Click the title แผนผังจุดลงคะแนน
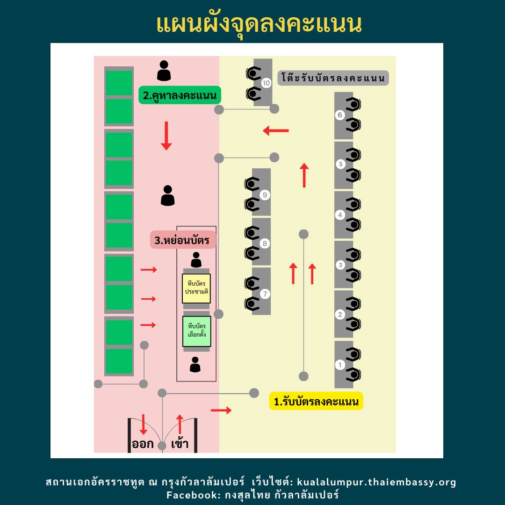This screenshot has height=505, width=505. [x=259, y=24]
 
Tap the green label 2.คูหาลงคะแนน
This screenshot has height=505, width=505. [x=180, y=96]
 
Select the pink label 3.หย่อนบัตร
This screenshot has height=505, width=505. [x=182, y=240]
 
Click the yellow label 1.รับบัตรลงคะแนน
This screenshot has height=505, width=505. [x=316, y=401]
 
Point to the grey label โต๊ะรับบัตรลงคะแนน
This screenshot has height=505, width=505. [x=333, y=78]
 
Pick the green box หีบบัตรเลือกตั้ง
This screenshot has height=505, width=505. [x=196, y=331]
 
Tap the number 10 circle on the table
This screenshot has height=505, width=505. [x=266, y=83]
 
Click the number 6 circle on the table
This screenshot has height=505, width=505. [x=340, y=115]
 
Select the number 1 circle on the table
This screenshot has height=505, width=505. [x=340, y=365]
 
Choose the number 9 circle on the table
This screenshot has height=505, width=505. [x=265, y=195]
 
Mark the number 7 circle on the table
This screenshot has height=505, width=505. [x=265, y=294]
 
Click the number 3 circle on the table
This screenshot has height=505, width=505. [x=340, y=265]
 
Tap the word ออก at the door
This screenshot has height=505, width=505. [x=143, y=444]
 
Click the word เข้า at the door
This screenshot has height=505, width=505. [x=180, y=444]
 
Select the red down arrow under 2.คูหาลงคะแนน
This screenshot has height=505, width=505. [x=166, y=136]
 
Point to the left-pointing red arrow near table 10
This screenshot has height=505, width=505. [x=276, y=131]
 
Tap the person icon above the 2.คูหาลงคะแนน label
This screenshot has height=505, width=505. [x=164, y=71]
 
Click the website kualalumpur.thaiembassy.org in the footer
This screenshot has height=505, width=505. [x=376, y=482]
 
